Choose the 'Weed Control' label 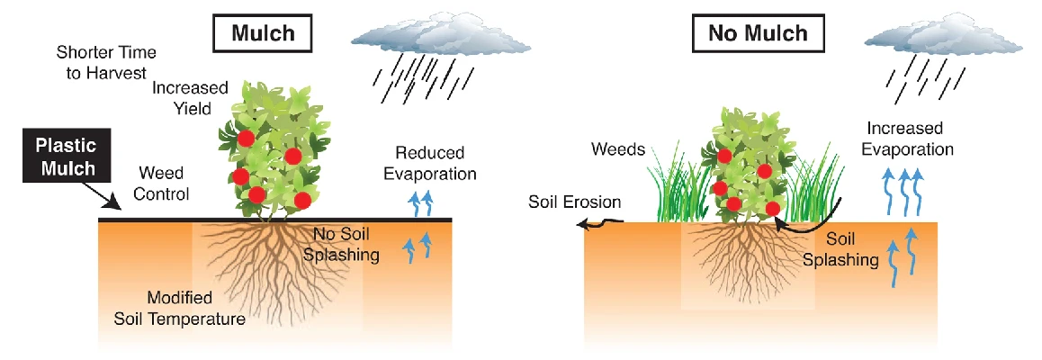(163, 182)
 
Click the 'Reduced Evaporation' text (436, 162)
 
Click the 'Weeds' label (618, 148)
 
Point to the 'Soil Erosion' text (568, 201)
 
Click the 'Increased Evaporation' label (911, 138)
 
